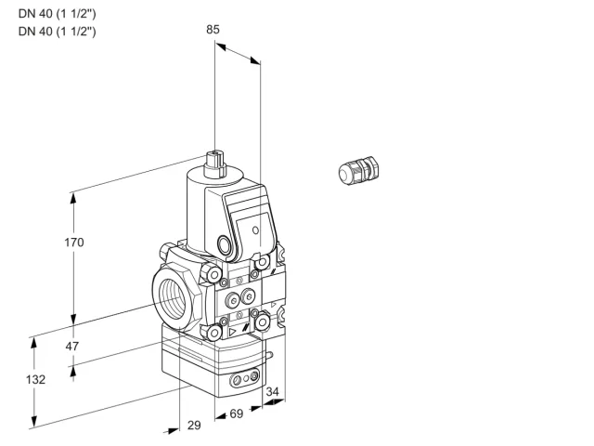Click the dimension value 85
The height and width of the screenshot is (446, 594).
213,29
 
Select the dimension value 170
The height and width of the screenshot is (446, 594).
74,242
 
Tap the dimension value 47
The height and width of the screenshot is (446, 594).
72,346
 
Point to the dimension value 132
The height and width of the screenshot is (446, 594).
35,379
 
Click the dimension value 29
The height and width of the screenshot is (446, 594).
194,426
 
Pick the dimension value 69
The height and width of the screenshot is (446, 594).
237,413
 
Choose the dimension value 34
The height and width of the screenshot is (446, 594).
272,391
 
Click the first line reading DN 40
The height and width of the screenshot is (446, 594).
58,14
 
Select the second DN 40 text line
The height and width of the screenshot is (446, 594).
58,31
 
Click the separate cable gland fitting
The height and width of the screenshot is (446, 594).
359,170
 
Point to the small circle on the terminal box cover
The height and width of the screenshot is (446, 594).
256,230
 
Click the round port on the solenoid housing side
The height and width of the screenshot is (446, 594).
224,243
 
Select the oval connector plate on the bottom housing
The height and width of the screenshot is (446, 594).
245,378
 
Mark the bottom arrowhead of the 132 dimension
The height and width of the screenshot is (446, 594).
34,421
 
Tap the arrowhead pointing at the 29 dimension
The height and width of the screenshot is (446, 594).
172,430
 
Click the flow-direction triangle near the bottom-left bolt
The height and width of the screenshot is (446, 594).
232,333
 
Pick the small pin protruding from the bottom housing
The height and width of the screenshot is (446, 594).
269,355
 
